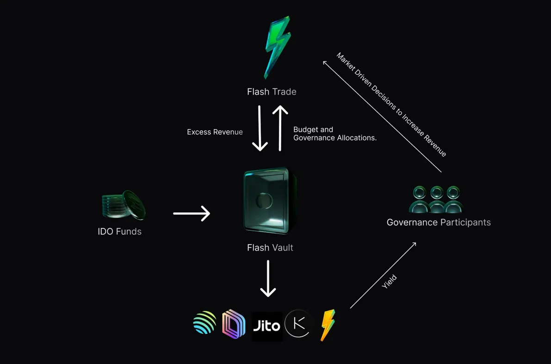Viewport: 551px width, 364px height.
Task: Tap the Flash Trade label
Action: click(272, 92)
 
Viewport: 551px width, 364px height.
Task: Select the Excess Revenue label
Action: click(215, 132)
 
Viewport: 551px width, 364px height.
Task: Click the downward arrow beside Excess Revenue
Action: click(260, 128)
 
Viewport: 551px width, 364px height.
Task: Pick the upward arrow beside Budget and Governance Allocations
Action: click(280, 128)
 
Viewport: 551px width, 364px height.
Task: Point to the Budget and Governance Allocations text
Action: click(334, 134)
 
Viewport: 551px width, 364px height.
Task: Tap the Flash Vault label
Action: click(270, 248)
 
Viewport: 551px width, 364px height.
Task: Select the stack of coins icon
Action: click(123, 205)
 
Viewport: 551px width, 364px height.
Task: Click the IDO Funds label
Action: click(119, 232)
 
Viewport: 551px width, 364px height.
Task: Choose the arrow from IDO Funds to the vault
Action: click(192, 213)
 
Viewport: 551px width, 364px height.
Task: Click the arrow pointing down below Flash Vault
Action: click(268, 278)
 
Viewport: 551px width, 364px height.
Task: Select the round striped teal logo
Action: click(204, 323)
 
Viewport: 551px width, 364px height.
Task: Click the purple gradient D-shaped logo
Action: click(233, 325)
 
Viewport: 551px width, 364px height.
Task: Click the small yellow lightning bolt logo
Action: click(328, 325)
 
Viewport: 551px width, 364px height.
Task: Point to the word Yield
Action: click(389, 282)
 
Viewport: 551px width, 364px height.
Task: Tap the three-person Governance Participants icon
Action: click(436, 200)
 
